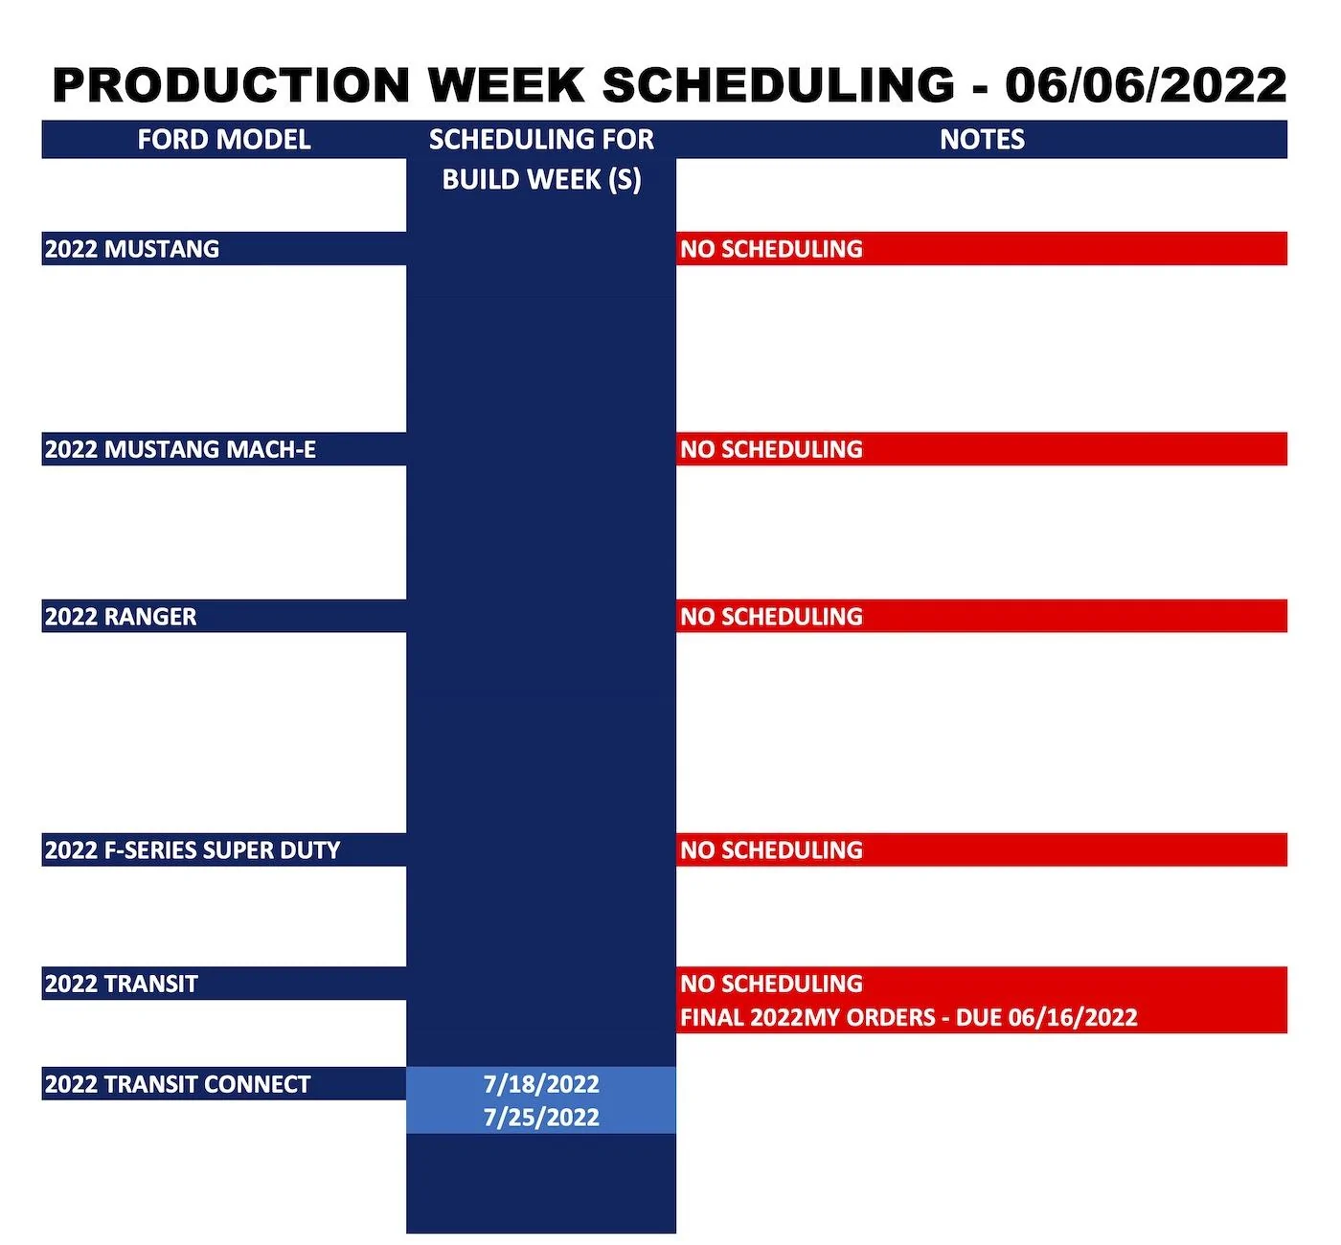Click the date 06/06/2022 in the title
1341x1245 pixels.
[1146, 85]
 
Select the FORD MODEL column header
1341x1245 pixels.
[224, 140]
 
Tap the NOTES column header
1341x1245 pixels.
[982, 140]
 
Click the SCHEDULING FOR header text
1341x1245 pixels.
[541, 140]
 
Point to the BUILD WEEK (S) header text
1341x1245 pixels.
[541, 180]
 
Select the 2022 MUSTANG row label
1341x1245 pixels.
[132, 249]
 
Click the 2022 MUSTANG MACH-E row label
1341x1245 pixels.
[180, 449]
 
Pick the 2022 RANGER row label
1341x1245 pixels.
[121, 617]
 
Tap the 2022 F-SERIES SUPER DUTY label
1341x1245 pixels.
[193, 850]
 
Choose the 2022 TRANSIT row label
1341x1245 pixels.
[122, 984]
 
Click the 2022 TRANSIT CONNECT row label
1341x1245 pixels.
[178, 1084]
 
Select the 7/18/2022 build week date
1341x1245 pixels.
[541, 1084]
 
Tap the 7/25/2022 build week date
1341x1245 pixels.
[541, 1118]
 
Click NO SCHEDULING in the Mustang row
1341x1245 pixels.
[771, 249]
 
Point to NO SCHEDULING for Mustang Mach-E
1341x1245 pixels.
[771, 449]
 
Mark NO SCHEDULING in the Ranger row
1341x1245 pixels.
[771, 617]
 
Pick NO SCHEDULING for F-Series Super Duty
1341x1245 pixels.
[771, 850]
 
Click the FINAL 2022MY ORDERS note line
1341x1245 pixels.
[908, 1017]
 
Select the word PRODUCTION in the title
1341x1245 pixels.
[231, 85]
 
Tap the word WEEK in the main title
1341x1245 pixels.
[506, 85]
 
